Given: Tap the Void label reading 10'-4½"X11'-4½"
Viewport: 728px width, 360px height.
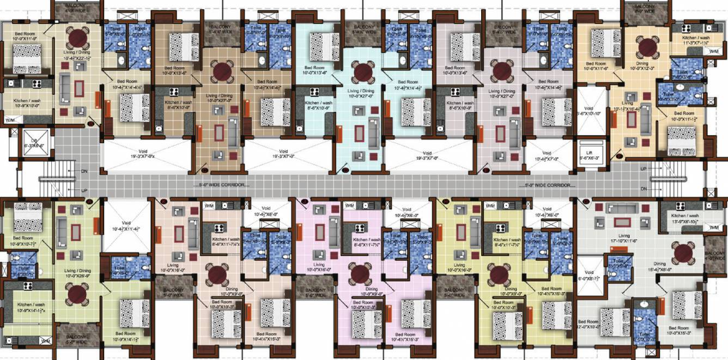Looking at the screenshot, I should coord(126,225).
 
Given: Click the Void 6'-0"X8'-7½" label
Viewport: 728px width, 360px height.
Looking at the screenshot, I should coord(589,276).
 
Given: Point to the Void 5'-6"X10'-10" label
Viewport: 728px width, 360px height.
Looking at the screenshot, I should coord(590,111).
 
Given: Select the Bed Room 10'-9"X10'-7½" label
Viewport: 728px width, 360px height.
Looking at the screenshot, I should coord(24,241).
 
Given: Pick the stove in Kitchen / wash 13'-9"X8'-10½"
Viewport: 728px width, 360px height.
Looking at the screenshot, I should coord(680,206).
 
